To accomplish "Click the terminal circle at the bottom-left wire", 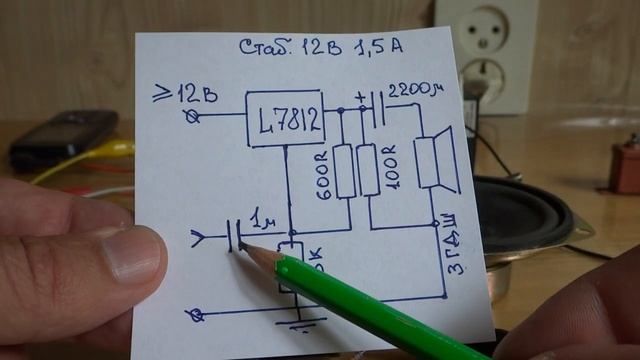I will click(196, 315).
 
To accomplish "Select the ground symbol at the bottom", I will click(300, 322).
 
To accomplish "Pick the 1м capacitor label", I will click(262, 220).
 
